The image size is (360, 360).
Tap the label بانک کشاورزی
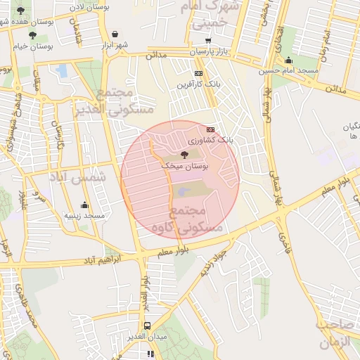tap(229, 141)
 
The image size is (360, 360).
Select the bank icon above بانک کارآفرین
tap(199, 73)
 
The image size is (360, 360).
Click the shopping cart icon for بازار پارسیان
tap(207, 41)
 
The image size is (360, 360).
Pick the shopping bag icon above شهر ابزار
tap(115, 33)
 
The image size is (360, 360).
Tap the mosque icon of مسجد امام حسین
tap(288, 60)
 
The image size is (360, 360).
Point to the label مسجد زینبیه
tap(84, 215)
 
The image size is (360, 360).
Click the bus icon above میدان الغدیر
tap(147, 326)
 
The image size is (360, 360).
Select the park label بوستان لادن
tap(88, 6)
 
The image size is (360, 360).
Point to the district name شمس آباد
tap(77, 179)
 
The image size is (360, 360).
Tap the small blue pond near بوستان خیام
tap(62, 70)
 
